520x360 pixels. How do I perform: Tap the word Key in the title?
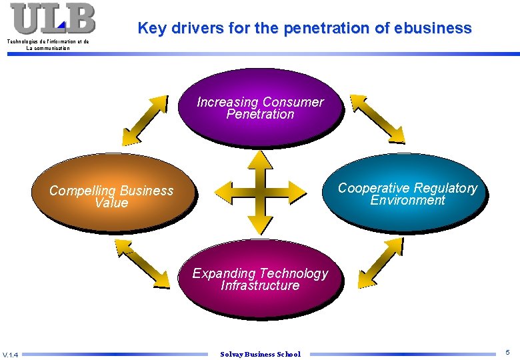pos(152,29)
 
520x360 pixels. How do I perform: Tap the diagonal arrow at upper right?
pos(378,119)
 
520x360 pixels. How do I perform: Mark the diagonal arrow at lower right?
pos(377,266)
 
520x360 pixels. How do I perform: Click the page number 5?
pos(507,352)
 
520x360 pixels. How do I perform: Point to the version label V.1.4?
pos(11,354)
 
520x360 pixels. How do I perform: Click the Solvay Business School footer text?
pos(260,354)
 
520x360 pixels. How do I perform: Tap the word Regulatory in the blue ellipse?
pos(445,188)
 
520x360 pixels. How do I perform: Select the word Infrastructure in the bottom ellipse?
pos(260,285)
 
